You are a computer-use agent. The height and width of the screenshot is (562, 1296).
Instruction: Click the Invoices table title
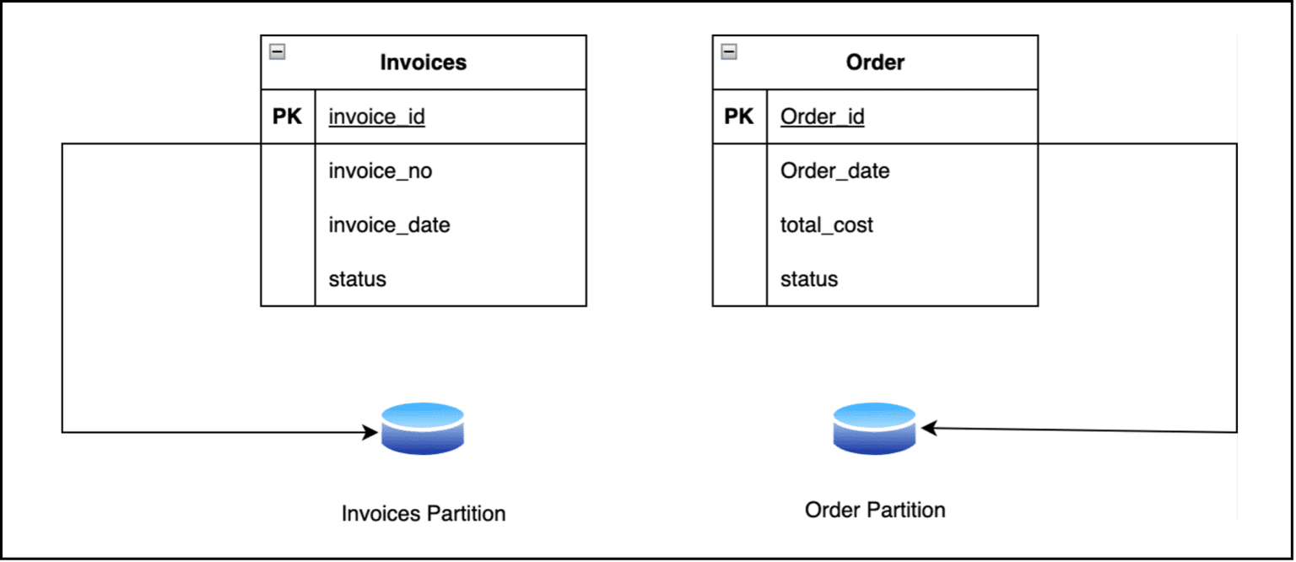click(x=423, y=62)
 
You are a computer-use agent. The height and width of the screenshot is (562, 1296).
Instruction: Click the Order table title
click(x=875, y=62)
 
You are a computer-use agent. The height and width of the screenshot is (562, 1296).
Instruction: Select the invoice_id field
click(x=376, y=116)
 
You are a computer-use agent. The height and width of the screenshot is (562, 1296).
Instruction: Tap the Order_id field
click(x=822, y=116)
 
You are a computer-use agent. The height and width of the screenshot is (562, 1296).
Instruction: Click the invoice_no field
click(x=380, y=171)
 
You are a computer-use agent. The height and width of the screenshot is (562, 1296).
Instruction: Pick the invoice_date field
click(x=389, y=225)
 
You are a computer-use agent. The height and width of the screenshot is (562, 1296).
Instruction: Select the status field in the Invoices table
click(x=357, y=279)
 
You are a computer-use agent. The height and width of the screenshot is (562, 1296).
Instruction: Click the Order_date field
click(x=834, y=171)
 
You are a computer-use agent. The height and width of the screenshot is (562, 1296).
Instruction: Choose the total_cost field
click(x=826, y=225)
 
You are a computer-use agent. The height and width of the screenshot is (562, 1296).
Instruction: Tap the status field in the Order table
click(x=808, y=279)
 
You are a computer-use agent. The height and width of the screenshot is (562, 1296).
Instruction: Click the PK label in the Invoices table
click(x=287, y=116)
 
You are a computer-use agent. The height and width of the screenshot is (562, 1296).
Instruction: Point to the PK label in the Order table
click(x=739, y=116)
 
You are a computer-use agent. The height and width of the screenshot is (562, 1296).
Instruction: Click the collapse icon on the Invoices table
click(x=277, y=52)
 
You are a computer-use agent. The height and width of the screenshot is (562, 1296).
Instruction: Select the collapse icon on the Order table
click(x=729, y=52)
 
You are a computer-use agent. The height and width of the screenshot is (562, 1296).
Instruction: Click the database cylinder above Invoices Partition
click(x=422, y=429)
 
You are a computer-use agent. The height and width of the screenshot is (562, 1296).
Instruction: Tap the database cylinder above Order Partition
click(x=874, y=429)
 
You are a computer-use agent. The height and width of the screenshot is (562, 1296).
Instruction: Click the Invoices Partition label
click(x=423, y=513)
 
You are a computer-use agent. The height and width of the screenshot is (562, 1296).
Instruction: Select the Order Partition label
click(x=875, y=510)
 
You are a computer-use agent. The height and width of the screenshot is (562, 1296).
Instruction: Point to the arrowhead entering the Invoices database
click(x=370, y=432)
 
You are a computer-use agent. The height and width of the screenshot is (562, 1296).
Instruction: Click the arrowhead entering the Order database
click(x=928, y=429)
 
